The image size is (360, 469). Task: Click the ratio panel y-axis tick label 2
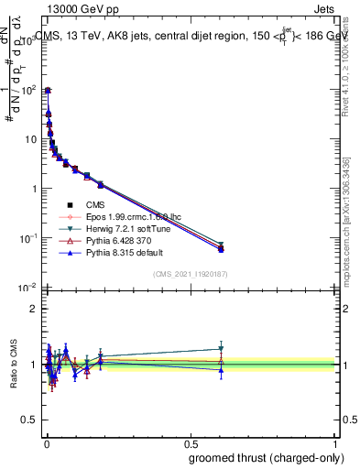click(33, 309)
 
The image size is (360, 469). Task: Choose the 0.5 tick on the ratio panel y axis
click(29, 420)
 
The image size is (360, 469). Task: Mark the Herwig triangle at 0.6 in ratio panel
click(221, 349)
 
